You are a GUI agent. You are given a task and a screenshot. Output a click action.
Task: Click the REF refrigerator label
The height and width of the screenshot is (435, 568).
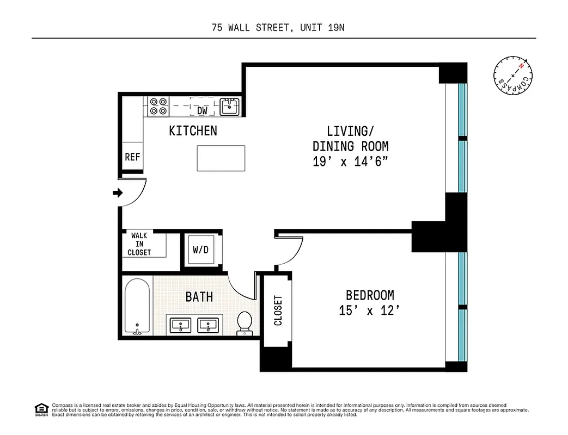(x=132, y=157)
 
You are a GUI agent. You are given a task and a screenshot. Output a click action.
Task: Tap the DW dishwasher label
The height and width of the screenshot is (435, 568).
(x=203, y=110)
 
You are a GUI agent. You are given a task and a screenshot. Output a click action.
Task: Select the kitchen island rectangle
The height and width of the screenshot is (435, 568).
(x=221, y=158)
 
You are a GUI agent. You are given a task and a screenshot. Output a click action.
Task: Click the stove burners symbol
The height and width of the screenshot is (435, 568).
(x=158, y=106)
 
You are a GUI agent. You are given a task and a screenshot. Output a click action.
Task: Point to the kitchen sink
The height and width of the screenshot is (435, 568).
(x=230, y=106)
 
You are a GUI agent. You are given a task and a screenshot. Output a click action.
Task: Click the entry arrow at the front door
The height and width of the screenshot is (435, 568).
(x=117, y=192)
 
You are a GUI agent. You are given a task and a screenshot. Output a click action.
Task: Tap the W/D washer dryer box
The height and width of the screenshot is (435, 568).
(x=201, y=250)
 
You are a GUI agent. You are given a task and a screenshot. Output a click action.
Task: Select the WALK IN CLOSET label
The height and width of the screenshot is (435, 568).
(x=139, y=244)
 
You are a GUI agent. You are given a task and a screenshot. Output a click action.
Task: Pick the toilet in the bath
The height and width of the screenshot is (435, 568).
(x=245, y=322)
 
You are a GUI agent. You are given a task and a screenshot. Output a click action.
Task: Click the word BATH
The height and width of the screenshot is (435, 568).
(x=199, y=297)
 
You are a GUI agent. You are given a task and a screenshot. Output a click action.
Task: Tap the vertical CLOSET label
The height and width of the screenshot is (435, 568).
(x=278, y=310)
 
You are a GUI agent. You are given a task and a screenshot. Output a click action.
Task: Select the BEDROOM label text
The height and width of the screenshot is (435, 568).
(x=370, y=295)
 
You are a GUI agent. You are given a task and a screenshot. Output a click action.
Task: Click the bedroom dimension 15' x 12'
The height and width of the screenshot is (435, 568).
(x=370, y=311)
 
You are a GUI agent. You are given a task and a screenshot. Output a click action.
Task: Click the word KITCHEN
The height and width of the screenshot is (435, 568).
(x=193, y=130)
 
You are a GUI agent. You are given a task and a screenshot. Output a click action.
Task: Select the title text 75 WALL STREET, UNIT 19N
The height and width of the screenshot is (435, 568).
(x=278, y=28)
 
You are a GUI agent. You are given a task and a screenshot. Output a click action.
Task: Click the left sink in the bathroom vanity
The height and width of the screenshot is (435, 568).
(x=180, y=325)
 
